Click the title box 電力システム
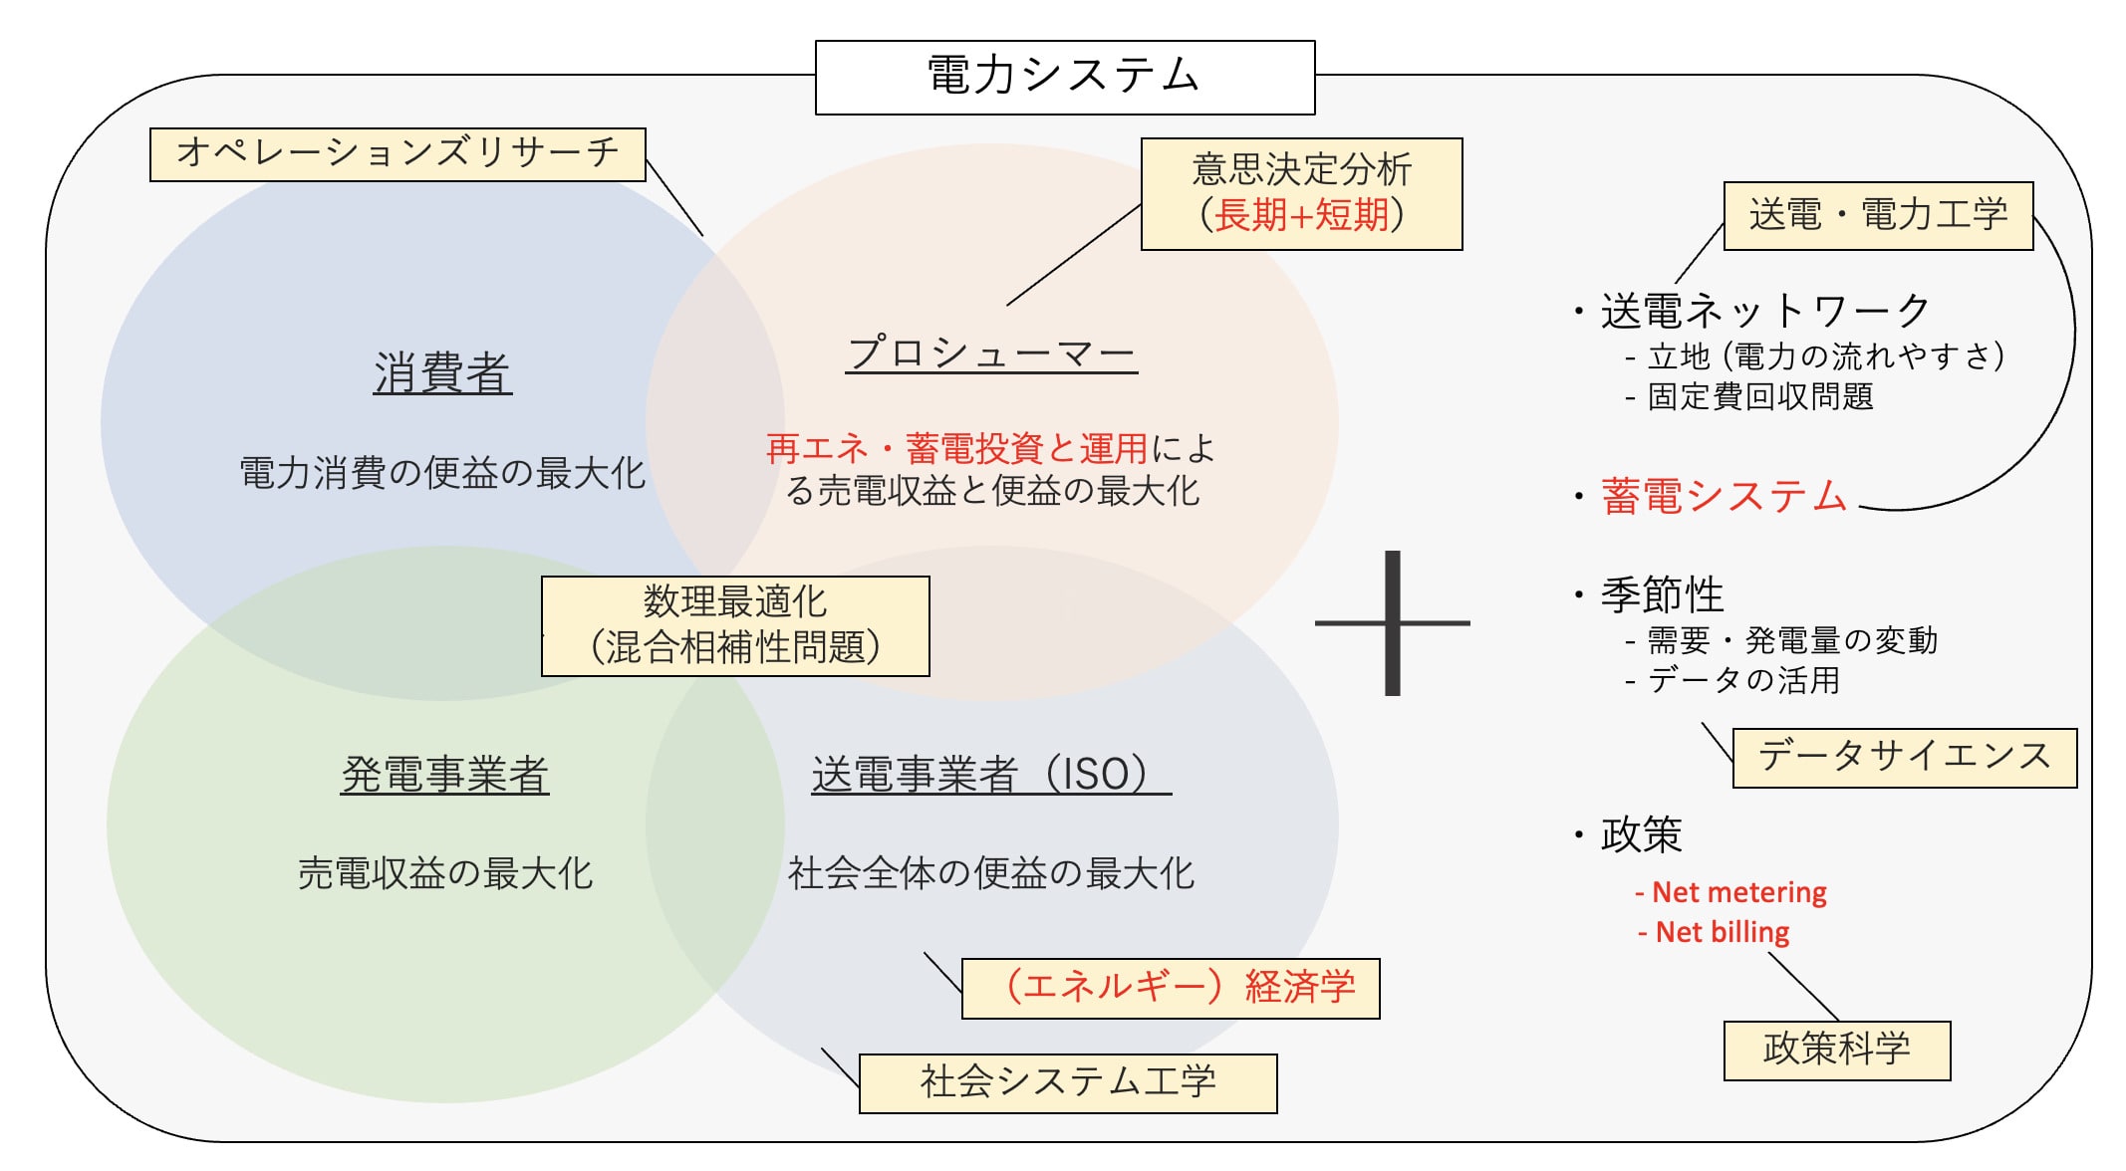tap(1064, 77)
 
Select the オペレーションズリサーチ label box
tap(398, 154)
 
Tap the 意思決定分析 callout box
tap(1301, 193)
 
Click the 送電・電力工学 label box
tap(1877, 215)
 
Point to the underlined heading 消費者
tap(442, 373)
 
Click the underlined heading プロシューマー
tap(991, 353)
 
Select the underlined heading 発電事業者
tap(444, 775)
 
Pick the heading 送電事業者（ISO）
tap(990, 775)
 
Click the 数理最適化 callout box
tap(735, 625)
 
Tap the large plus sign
tap(1393, 623)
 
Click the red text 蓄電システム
tap(1725, 496)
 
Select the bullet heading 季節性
tap(1662, 595)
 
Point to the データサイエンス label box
tap(1904, 758)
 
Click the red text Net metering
tap(1738, 892)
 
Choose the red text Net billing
tap(1722, 932)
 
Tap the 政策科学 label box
tap(1836, 1050)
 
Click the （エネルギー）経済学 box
tap(1171, 988)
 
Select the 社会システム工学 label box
tap(1068, 1082)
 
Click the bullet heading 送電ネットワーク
tap(1765, 312)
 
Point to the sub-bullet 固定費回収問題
tap(1760, 396)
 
